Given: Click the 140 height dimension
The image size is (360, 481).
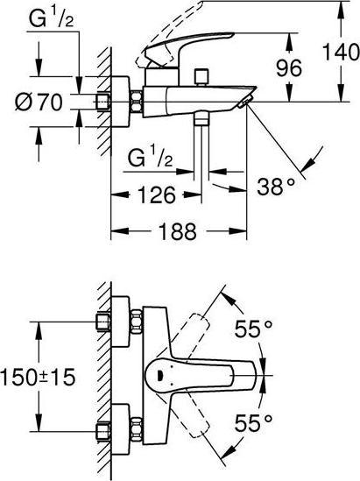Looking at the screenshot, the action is (342, 52).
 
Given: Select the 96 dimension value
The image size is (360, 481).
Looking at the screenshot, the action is (289, 67).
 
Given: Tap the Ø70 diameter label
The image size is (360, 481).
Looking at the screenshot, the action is (39, 102).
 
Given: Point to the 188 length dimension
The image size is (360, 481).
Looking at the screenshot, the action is (178, 230).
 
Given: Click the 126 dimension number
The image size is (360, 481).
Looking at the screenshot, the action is (157, 195).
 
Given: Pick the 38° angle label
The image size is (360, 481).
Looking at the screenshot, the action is (276, 187).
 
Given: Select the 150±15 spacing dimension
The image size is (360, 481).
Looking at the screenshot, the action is (38, 377).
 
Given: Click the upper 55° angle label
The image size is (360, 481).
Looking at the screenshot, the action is (253, 329).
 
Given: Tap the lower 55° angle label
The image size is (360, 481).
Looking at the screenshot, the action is (253, 422).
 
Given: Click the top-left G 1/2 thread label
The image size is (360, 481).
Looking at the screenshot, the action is (51, 18).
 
